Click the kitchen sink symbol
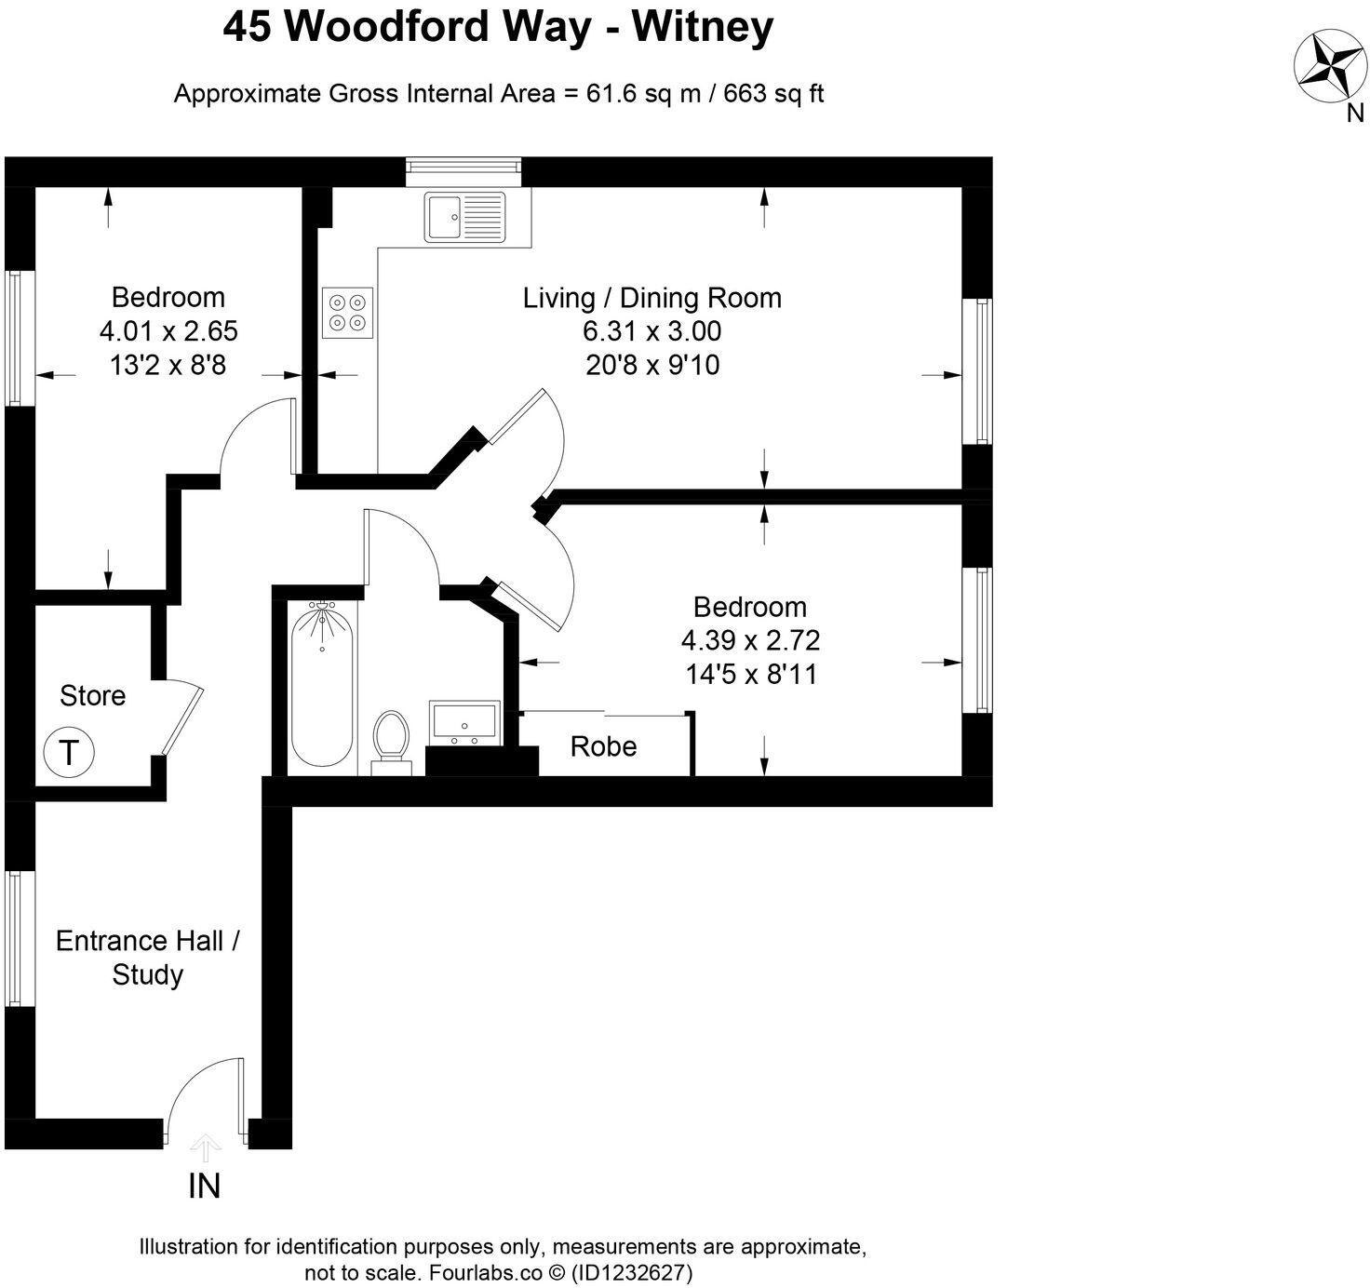pos(464,217)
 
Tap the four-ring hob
pos(348,312)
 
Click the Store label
pos(92,696)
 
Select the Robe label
pos(603,746)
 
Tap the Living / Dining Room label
pos(651,298)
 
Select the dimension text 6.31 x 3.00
pos(651,331)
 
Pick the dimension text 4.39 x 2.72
pos(750,640)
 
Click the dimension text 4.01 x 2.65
pos(168,331)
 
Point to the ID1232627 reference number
pos(633,1272)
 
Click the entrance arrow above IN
pos(205,1146)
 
